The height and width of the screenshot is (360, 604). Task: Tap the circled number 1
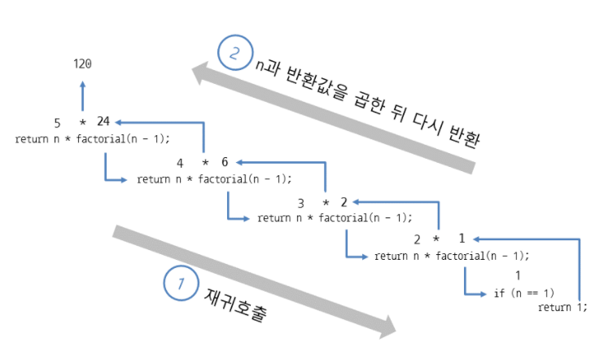pos(180,283)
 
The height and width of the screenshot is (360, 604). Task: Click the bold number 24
pos(103,122)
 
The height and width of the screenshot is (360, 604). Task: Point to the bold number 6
pos(225,162)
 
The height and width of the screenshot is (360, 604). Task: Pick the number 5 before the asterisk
pos(58,123)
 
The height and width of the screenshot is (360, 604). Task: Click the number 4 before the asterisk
pos(180,162)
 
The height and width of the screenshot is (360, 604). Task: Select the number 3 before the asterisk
pos(300,201)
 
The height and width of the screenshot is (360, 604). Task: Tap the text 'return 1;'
pos(562,308)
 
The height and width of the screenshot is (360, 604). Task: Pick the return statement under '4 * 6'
pos(214,178)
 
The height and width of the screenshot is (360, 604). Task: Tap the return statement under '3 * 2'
pos(335,217)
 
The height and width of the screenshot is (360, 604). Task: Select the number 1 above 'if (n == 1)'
pos(517,277)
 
